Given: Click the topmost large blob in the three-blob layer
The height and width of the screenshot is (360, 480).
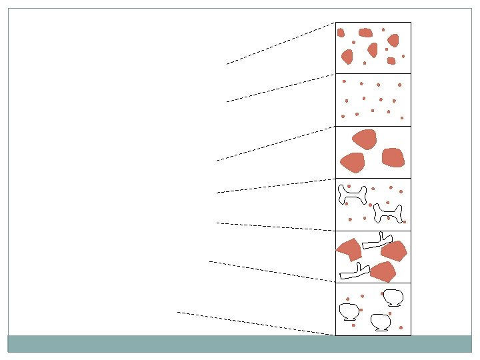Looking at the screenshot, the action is point(365,139).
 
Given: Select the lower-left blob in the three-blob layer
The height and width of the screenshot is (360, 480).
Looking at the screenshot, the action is point(352,161).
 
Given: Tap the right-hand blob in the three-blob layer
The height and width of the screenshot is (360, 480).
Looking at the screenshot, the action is point(393,157).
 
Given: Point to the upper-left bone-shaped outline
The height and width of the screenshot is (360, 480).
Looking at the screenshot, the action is point(353,193).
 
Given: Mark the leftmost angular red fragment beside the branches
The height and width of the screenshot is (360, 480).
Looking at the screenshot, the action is point(349,249).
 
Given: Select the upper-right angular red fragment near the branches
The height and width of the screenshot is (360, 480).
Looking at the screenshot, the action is point(394,251).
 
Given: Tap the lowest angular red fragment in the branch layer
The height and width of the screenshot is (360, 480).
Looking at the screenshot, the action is point(383,271).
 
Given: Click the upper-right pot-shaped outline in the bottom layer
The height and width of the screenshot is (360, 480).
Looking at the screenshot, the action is point(393,297).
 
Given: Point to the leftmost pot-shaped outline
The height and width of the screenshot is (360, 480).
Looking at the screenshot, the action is point(349,311).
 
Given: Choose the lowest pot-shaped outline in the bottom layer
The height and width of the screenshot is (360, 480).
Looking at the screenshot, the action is point(381,321).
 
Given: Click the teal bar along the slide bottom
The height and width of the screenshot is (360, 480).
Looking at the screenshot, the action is point(240,343).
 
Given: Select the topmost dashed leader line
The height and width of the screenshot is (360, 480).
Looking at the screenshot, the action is point(280,43).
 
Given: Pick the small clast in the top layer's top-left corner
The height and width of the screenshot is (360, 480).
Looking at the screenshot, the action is point(341,33).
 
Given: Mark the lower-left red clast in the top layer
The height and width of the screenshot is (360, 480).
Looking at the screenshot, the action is point(347,57).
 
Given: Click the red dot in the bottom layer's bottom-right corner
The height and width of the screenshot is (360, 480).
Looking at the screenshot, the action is point(401,327).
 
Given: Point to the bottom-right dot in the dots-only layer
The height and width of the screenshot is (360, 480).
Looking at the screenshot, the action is point(402,118).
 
